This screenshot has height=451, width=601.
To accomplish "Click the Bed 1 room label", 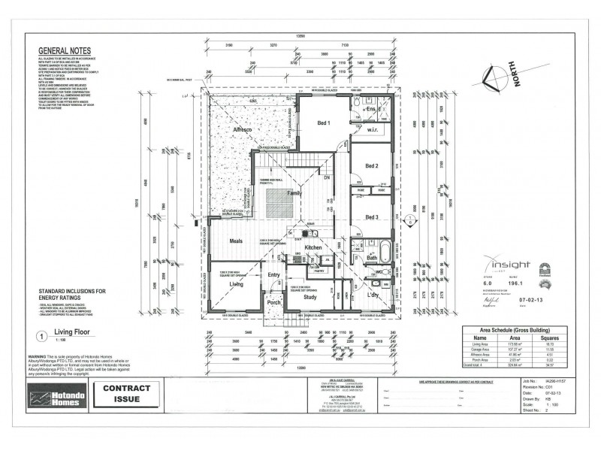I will point(324,123).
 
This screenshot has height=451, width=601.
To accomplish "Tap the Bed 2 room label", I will point(371,165).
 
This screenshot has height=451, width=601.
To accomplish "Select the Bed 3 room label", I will point(371,217).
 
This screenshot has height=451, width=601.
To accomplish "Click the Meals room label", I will point(239,241).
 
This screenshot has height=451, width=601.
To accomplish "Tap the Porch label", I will point(273,302).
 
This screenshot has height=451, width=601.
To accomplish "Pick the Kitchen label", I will point(313,247).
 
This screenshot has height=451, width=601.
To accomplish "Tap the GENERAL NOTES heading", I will point(64,52).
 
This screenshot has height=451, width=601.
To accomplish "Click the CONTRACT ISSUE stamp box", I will point(126,394).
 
